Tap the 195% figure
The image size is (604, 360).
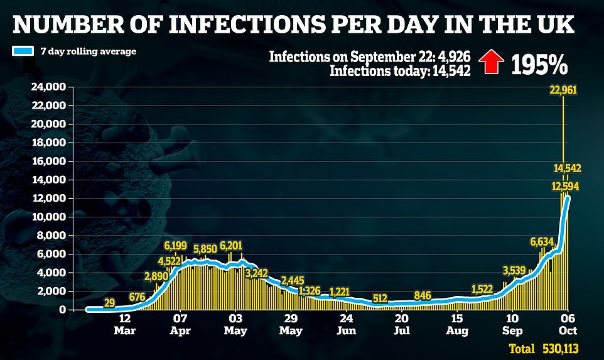click(539, 63)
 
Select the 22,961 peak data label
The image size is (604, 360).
click(563, 90)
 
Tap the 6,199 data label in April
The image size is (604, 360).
click(176, 245)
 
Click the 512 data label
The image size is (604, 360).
click(379, 298)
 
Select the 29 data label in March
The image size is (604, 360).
click(109, 303)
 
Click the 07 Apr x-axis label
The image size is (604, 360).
click(181, 323)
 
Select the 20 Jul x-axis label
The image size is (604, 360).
click(402, 323)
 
